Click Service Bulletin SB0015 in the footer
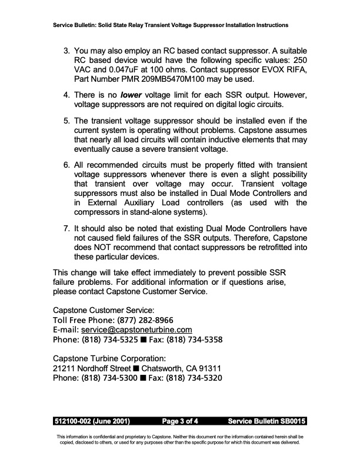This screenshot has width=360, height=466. click(266, 421)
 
